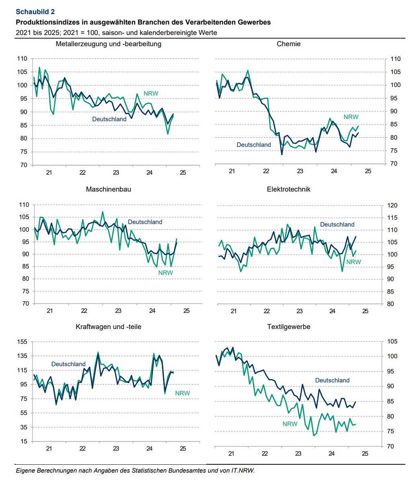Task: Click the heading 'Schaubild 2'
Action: pyautogui.click(x=35, y=12)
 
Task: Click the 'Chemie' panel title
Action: pyautogui.click(x=288, y=44)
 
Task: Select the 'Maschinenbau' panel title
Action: pyautogui.click(x=108, y=189)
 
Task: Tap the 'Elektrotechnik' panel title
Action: pyautogui.click(x=289, y=189)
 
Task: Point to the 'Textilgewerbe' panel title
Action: pyautogui.click(x=289, y=327)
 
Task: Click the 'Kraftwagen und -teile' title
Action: pyautogui.click(x=108, y=327)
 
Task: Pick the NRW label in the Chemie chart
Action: pyautogui.click(x=351, y=117)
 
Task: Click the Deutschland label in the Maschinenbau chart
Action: pyautogui.click(x=145, y=222)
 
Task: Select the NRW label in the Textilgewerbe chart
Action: pyautogui.click(x=290, y=424)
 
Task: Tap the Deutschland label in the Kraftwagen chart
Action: pyautogui.click(x=68, y=364)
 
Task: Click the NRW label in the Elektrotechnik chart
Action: pyautogui.click(x=353, y=262)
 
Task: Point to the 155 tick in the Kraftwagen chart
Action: pyautogui.click(x=22, y=342)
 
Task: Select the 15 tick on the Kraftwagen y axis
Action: pyautogui.click(x=24, y=441)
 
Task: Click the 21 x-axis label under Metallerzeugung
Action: pyautogui.click(x=49, y=173)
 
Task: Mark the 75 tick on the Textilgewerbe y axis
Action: pyautogui.click(x=390, y=431)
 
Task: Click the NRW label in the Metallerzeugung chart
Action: pyautogui.click(x=151, y=94)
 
